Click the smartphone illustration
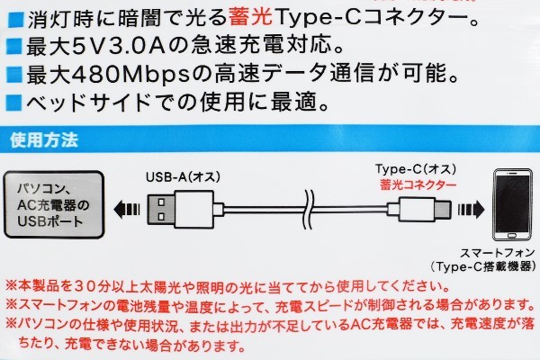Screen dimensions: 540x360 coord(512,204)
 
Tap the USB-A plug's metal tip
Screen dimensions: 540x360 coord(161,210)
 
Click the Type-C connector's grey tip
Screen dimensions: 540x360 coord(442,209)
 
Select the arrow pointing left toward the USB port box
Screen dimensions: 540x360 coord(127,210)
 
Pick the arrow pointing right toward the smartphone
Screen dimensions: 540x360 coord(471,209)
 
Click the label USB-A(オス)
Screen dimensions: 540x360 coord(183,177)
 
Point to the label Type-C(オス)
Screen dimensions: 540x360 coord(416,169)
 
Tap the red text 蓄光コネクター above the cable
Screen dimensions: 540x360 coord(418,185)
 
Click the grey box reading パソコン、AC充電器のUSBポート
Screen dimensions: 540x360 coord(54,204)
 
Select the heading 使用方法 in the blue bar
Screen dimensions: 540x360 coord(44,140)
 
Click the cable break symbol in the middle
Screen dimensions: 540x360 coord(309,209)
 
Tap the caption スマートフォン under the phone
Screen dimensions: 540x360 coord(498,253)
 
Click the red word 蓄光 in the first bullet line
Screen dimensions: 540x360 coord(251,18)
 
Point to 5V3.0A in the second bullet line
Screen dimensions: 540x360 coord(117,46)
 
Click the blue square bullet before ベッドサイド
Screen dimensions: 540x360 coord(14,103)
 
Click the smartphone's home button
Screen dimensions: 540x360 coord(512,236)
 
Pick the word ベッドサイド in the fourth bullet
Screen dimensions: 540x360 coord(88,103)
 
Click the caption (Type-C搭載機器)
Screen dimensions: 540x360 coord(483,266)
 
